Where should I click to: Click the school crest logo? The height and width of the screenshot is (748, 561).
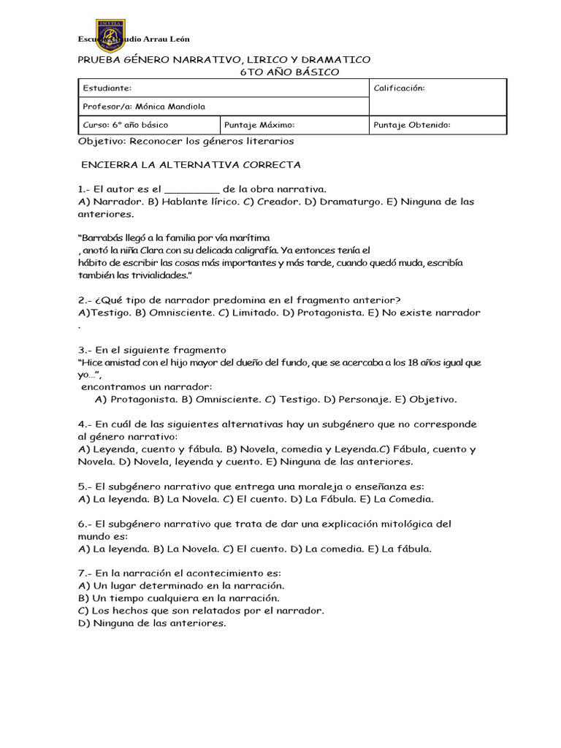(x=110, y=36)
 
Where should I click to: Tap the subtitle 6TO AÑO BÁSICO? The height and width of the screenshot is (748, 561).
(x=289, y=72)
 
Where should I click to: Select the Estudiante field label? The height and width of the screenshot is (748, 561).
(x=107, y=88)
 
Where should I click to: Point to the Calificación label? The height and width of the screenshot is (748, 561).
(x=399, y=88)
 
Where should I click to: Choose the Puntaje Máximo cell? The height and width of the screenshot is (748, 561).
(x=260, y=125)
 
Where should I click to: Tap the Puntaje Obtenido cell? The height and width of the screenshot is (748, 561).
(x=412, y=125)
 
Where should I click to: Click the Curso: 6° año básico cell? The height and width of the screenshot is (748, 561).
(x=126, y=125)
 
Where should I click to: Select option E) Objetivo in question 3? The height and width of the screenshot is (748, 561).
(x=426, y=400)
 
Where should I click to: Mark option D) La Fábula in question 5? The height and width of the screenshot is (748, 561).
(x=324, y=499)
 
